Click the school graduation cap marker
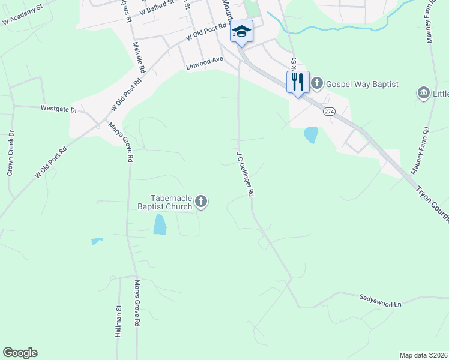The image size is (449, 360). tap(241, 31)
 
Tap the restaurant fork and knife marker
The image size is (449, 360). tap(298, 82)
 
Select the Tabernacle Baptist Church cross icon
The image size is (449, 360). tap(202, 202)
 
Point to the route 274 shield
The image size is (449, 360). tap(328, 112)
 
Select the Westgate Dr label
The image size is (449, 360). tap(59, 110)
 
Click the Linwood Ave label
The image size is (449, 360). tap(205, 60)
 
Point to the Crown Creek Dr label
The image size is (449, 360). tap(10, 153)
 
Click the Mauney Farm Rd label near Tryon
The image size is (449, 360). tap(420, 151)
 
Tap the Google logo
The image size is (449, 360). tap(20, 353)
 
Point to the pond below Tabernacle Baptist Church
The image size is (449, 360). tap(160, 224)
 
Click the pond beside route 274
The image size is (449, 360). tap(311, 134)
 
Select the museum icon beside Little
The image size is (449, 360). tap(423, 94)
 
